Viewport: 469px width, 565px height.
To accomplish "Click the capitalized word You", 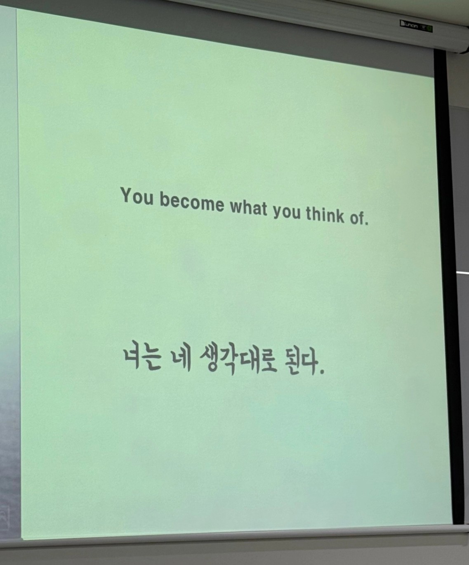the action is (137, 196).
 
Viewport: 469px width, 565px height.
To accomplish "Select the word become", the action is (192, 201).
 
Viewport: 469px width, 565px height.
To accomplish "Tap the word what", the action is (248, 208).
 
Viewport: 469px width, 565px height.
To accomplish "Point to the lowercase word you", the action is (286, 212).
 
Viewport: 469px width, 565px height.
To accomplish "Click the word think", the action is (325, 214).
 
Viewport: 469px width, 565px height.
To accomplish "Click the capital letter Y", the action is (127, 195).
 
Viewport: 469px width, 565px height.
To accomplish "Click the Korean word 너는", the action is (142, 358).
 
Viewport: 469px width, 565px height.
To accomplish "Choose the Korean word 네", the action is (181, 359).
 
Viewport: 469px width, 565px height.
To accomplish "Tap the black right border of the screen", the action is (449, 287).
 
